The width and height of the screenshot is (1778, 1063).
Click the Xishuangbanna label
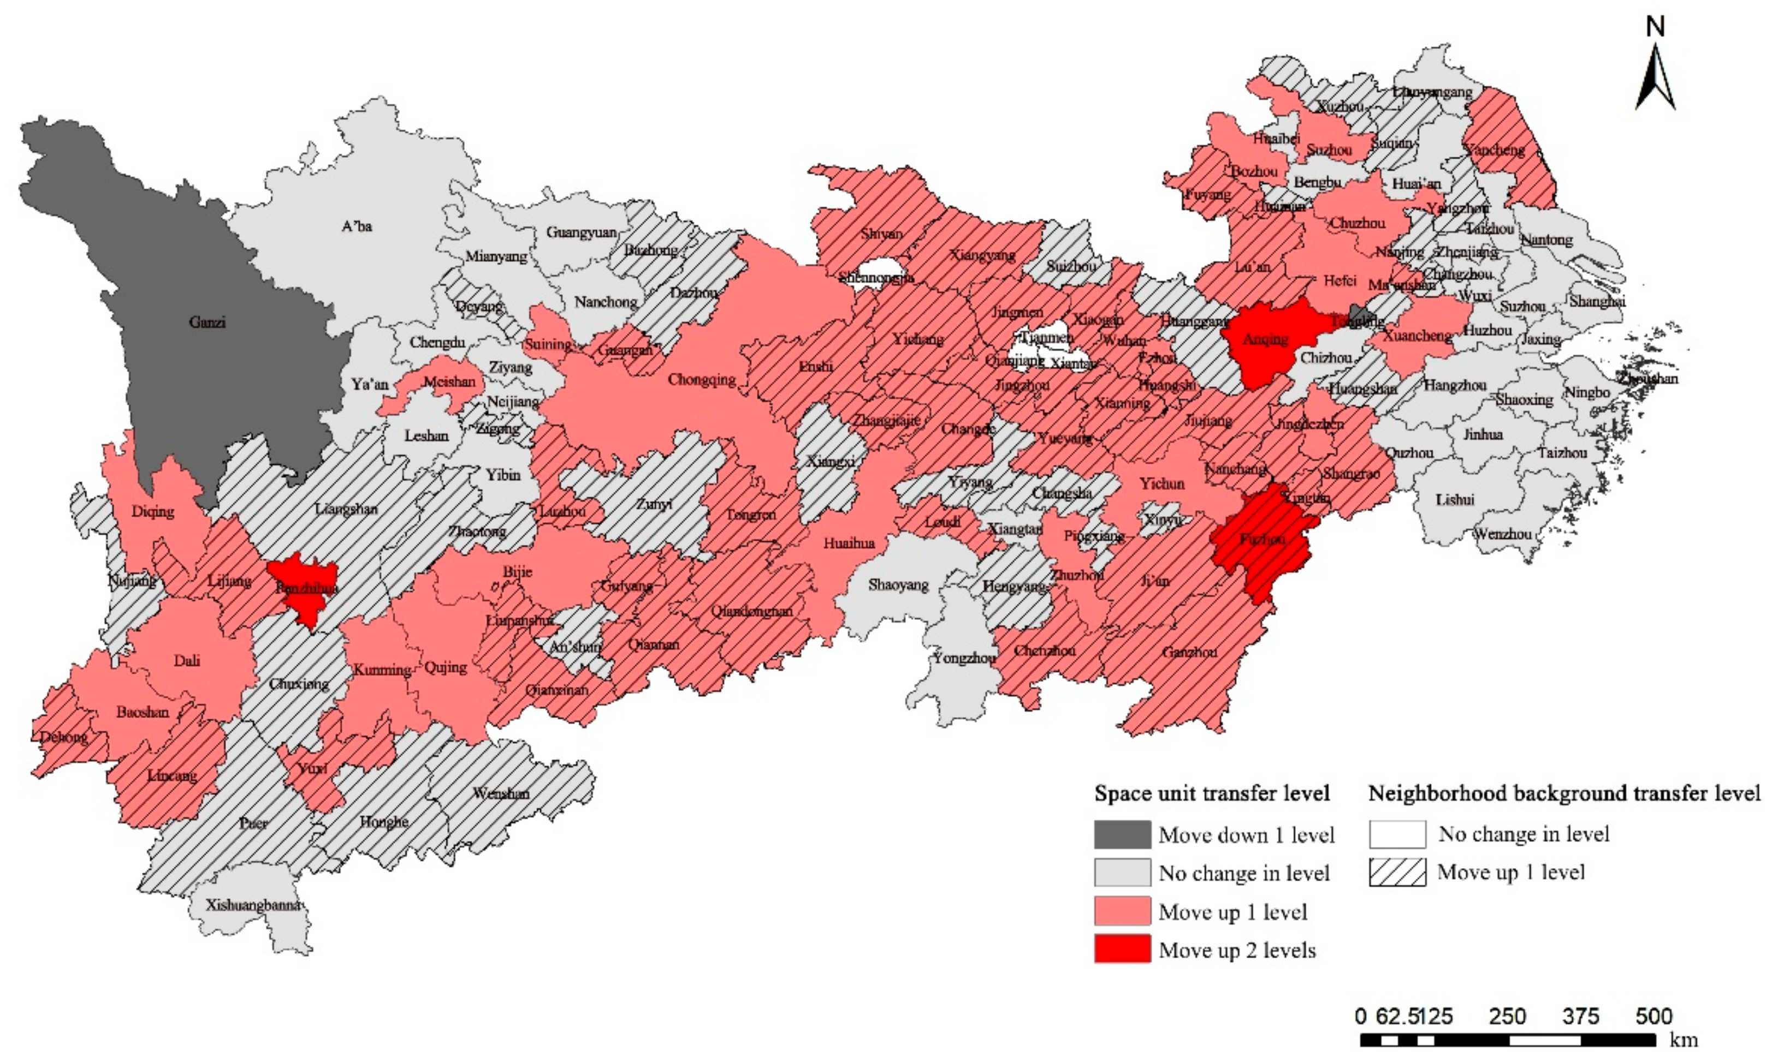click(252, 905)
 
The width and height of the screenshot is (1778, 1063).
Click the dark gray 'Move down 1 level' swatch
click(1122, 834)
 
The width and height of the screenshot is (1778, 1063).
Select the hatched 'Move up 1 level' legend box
click(1397, 873)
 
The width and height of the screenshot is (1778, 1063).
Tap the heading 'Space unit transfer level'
click(1212, 793)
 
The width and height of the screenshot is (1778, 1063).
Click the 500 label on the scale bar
click(1653, 1016)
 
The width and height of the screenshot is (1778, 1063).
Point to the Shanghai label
click(1597, 301)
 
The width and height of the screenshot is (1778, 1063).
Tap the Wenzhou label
click(1503, 534)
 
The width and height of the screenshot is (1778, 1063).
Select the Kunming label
click(381, 670)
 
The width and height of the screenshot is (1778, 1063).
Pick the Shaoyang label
click(897, 584)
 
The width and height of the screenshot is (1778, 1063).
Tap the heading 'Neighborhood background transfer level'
click(1564, 793)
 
